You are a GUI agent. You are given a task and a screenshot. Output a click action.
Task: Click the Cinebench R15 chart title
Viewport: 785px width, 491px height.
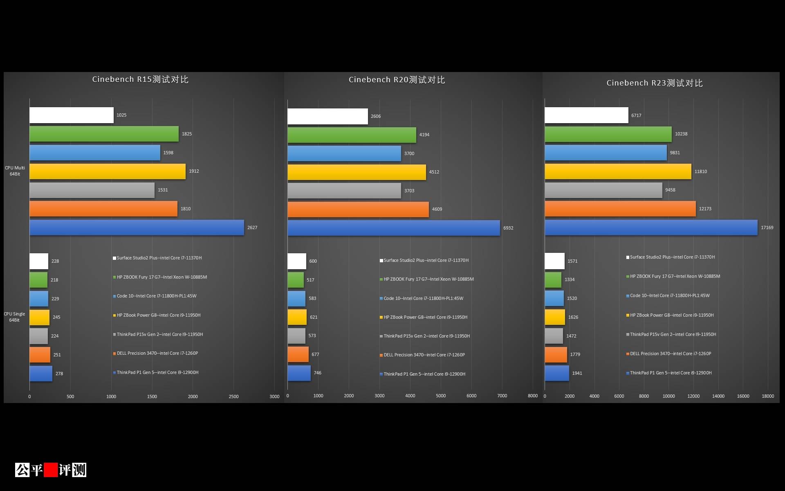click(140, 79)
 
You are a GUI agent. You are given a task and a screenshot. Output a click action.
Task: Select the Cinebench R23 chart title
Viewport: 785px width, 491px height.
click(654, 83)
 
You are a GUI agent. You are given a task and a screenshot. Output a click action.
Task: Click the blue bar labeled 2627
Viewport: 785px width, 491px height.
click(137, 227)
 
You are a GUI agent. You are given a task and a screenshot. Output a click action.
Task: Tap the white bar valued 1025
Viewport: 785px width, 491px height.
click(72, 115)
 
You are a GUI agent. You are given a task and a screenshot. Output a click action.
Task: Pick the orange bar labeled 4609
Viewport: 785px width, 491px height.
click(358, 209)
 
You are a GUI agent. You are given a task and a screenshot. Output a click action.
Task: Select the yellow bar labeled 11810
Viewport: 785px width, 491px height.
click(618, 171)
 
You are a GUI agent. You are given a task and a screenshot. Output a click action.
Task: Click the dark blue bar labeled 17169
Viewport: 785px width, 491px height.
click(651, 227)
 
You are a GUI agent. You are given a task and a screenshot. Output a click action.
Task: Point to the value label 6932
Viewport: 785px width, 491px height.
click(508, 228)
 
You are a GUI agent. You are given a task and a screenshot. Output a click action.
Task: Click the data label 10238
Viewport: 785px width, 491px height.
click(681, 134)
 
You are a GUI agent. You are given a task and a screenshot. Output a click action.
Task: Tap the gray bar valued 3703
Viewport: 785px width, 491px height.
click(344, 191)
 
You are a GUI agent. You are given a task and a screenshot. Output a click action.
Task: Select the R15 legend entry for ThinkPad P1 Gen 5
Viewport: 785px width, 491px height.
click(157, 372)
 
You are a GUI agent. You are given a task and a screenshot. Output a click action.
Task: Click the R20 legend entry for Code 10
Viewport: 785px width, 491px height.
click(423, 298)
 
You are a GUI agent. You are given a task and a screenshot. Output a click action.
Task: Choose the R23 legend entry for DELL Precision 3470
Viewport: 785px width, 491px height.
click(670, 354)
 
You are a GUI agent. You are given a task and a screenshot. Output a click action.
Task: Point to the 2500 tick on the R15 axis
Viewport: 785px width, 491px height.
click(233, 396)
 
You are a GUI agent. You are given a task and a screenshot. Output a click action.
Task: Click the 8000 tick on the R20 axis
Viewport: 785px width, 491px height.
click(532, 396)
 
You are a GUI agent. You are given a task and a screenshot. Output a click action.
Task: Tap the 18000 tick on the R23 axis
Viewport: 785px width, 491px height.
click(767, 396)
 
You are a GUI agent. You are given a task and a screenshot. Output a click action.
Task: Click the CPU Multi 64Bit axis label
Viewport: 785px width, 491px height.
click(15, 171)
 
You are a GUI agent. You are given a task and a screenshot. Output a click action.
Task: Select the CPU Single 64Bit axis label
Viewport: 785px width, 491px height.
click(14, 317)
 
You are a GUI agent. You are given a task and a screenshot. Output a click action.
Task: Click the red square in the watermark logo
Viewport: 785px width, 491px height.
click(51, 470)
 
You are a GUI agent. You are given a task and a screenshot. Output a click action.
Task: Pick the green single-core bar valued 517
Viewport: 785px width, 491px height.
click(296, 280)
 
